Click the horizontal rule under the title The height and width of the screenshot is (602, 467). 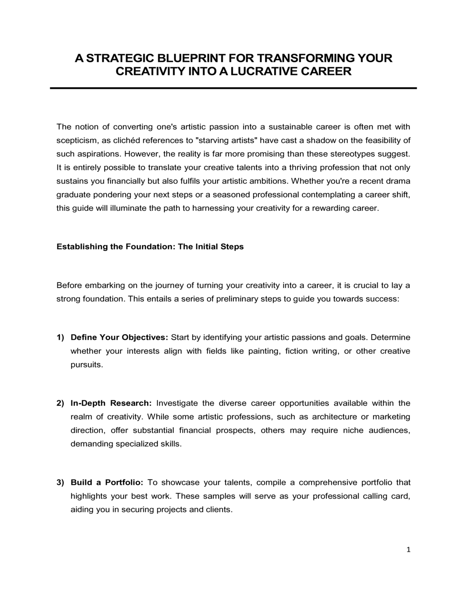point(233,88)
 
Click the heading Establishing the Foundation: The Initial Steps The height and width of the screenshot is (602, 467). point(150,246)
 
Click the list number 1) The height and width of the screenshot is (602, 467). point(60,337)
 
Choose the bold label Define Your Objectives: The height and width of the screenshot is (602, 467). point(119,337)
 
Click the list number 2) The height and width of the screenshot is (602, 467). point(60,403)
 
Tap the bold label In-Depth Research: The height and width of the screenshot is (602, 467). point(111,403)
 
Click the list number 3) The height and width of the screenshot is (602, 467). point(60,483)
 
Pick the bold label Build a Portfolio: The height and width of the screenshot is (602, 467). point(107,483)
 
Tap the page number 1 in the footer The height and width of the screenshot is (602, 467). point(408,550)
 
